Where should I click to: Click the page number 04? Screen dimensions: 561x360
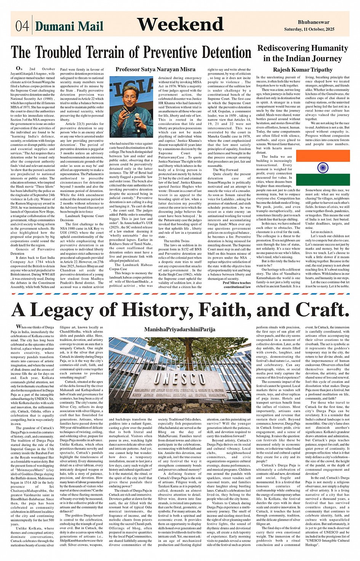coord(22,26)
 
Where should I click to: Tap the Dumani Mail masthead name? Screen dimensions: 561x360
coord(69,26)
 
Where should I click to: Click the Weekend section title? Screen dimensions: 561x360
coord(180,24)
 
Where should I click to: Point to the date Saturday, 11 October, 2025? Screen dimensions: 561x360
coord(309,29)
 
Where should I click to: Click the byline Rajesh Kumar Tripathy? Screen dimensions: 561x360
coord(302,70)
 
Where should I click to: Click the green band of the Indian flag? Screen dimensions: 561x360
coord(323,179)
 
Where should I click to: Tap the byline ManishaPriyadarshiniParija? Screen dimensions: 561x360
coord(179,329)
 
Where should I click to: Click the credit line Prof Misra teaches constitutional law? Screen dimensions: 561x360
coord(237,284)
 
